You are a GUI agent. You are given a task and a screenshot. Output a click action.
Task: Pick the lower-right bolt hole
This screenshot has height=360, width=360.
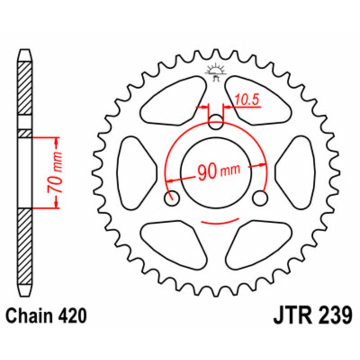(260, 198)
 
